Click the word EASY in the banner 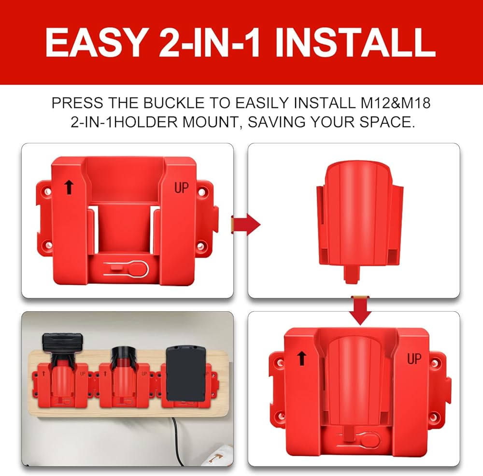pyautogui.click(x=95, y=42)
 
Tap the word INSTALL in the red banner pyautogui.click(x=355, y=42)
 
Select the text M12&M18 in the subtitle pyautogui.click(x=395, y=103)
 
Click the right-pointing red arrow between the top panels pyautogui.click(x=246, y=225)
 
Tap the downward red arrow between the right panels pyautogui.click(x=360, y=310)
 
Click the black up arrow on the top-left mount pyautogui.click(x=69, y=188)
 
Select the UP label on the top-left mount pyautogui.click(x=182, y=188)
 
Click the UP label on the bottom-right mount pyautogui.click(x=414, y=359)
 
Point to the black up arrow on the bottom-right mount pyautogui.click(x=302, y=359)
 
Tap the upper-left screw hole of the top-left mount pyautogui.click(x=47, y=191)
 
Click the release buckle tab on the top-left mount pyautogui.click(x=126, y=268)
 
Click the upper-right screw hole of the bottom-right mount pyautogui.click(x=434, y=363)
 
